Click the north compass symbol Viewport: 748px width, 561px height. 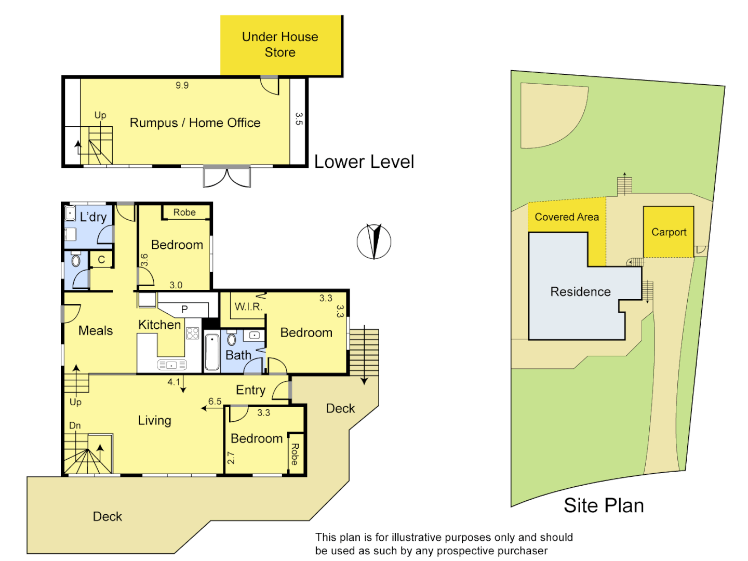(374, 242)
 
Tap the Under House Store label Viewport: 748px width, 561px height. (280, 44)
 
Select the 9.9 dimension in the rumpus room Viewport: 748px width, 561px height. (182, 85)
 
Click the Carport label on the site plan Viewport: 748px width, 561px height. (669, 232)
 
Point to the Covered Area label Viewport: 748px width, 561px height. (566, 217)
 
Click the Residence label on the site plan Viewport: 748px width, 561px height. (580, 291)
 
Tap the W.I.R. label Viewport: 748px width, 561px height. (248, 306)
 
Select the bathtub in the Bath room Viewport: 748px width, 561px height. (212, 352)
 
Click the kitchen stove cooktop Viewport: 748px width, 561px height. (193, 333)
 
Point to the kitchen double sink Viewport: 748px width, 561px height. (172, 365)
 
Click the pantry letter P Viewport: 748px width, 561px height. (184, 309)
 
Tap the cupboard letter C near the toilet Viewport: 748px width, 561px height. (101, 260)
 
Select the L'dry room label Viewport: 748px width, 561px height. (93, 217)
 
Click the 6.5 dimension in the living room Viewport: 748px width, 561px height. (215, 401)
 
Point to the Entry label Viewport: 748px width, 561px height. (250, 390)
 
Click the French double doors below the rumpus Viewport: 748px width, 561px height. (226, 177)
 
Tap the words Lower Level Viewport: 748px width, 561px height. (364, 162)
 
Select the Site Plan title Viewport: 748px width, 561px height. (604, 505)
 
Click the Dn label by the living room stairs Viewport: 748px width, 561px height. (75, 425)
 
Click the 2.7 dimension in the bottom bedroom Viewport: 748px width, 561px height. (231, 458)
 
